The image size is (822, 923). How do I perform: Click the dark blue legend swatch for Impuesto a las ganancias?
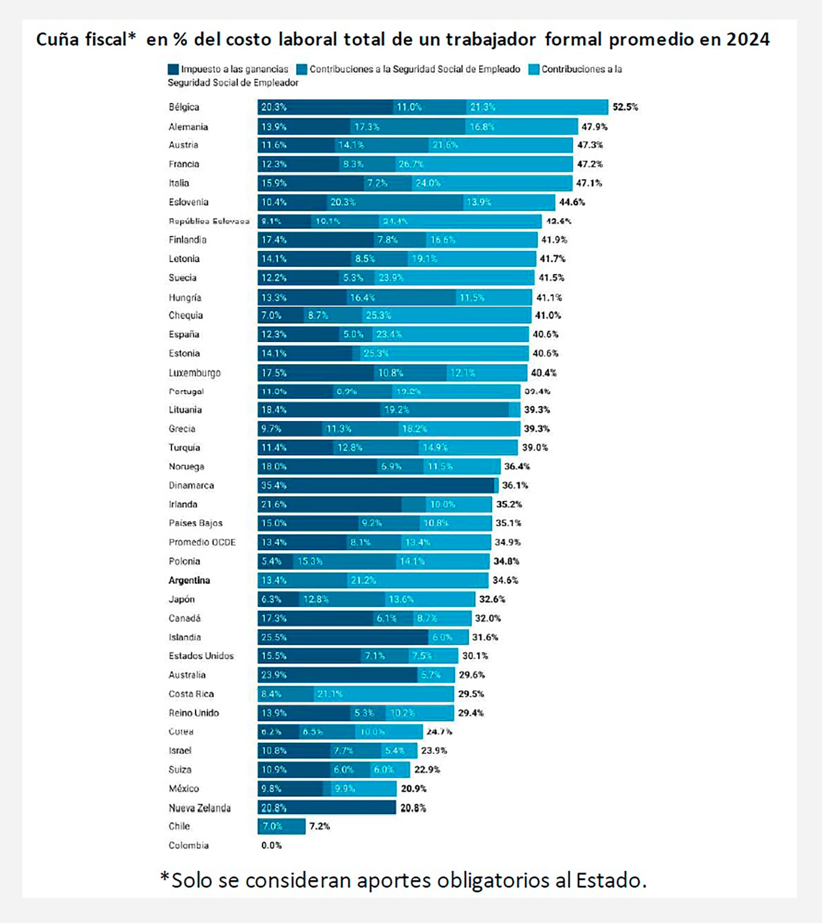[x=173, y=69]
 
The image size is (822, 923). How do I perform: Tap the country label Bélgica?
[x=184, y=107]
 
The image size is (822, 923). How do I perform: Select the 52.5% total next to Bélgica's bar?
[x=625, y=107]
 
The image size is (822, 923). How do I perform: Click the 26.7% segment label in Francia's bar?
[x=411, y=164]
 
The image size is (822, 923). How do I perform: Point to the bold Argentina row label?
[x=189, y=580]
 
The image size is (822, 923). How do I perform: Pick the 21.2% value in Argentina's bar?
[x=363, y=580]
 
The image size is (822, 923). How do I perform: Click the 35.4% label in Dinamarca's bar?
[x=274, y=485]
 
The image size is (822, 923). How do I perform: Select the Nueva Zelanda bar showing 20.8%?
[x=327, y=808]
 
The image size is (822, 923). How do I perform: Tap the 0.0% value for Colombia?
[x=271, y=845]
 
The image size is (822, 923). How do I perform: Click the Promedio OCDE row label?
[x=202, y=542]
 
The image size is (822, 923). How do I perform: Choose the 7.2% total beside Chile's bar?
[x=319, y=826]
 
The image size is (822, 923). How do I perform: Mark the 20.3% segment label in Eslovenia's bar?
[x=343, y=202]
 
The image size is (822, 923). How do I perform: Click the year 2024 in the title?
[x=748, y=40]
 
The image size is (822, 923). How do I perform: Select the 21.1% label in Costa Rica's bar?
[x=330, y=694]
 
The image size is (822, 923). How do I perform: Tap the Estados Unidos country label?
[x=201, y=656]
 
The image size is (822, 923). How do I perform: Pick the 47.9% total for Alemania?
[x=594, y=127]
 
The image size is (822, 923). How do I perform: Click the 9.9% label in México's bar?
[x=345, y=789]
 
